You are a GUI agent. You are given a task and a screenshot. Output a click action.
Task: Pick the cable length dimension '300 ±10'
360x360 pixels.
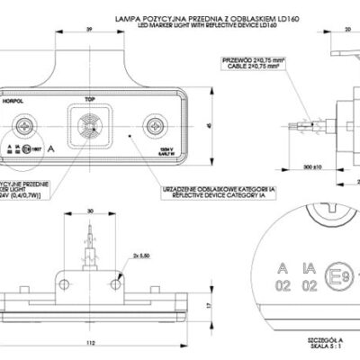pyautogui.click(x=288, y=166)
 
